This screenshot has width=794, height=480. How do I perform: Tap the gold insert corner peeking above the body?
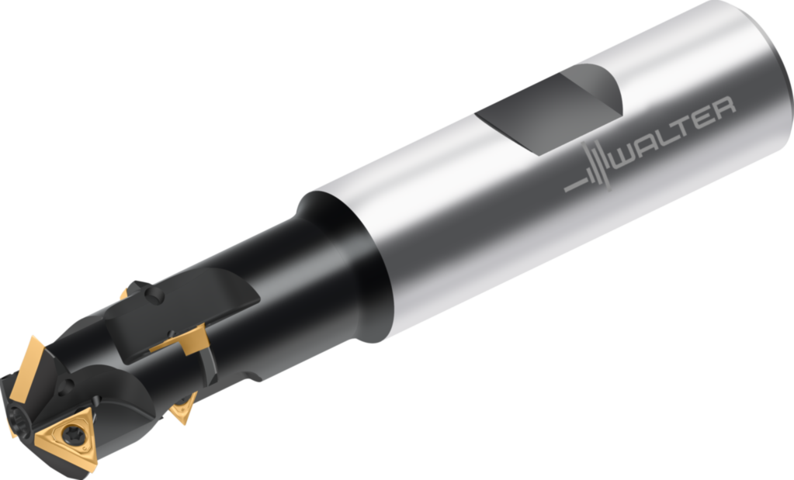[x=124, y=293]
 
